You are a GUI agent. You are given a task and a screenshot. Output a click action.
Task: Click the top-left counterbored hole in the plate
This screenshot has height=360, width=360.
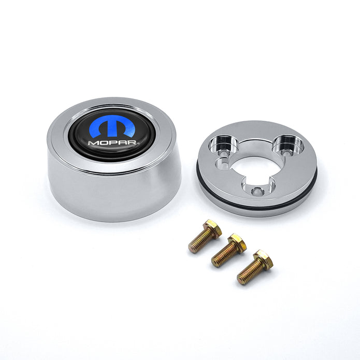[224, 145]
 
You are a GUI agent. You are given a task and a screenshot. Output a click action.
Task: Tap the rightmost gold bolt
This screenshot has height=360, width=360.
[254, 267]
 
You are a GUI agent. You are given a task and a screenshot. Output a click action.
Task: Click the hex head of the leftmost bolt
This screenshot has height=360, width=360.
[213, 227]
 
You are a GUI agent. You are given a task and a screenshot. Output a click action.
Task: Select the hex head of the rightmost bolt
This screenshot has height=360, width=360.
[264, 259]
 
